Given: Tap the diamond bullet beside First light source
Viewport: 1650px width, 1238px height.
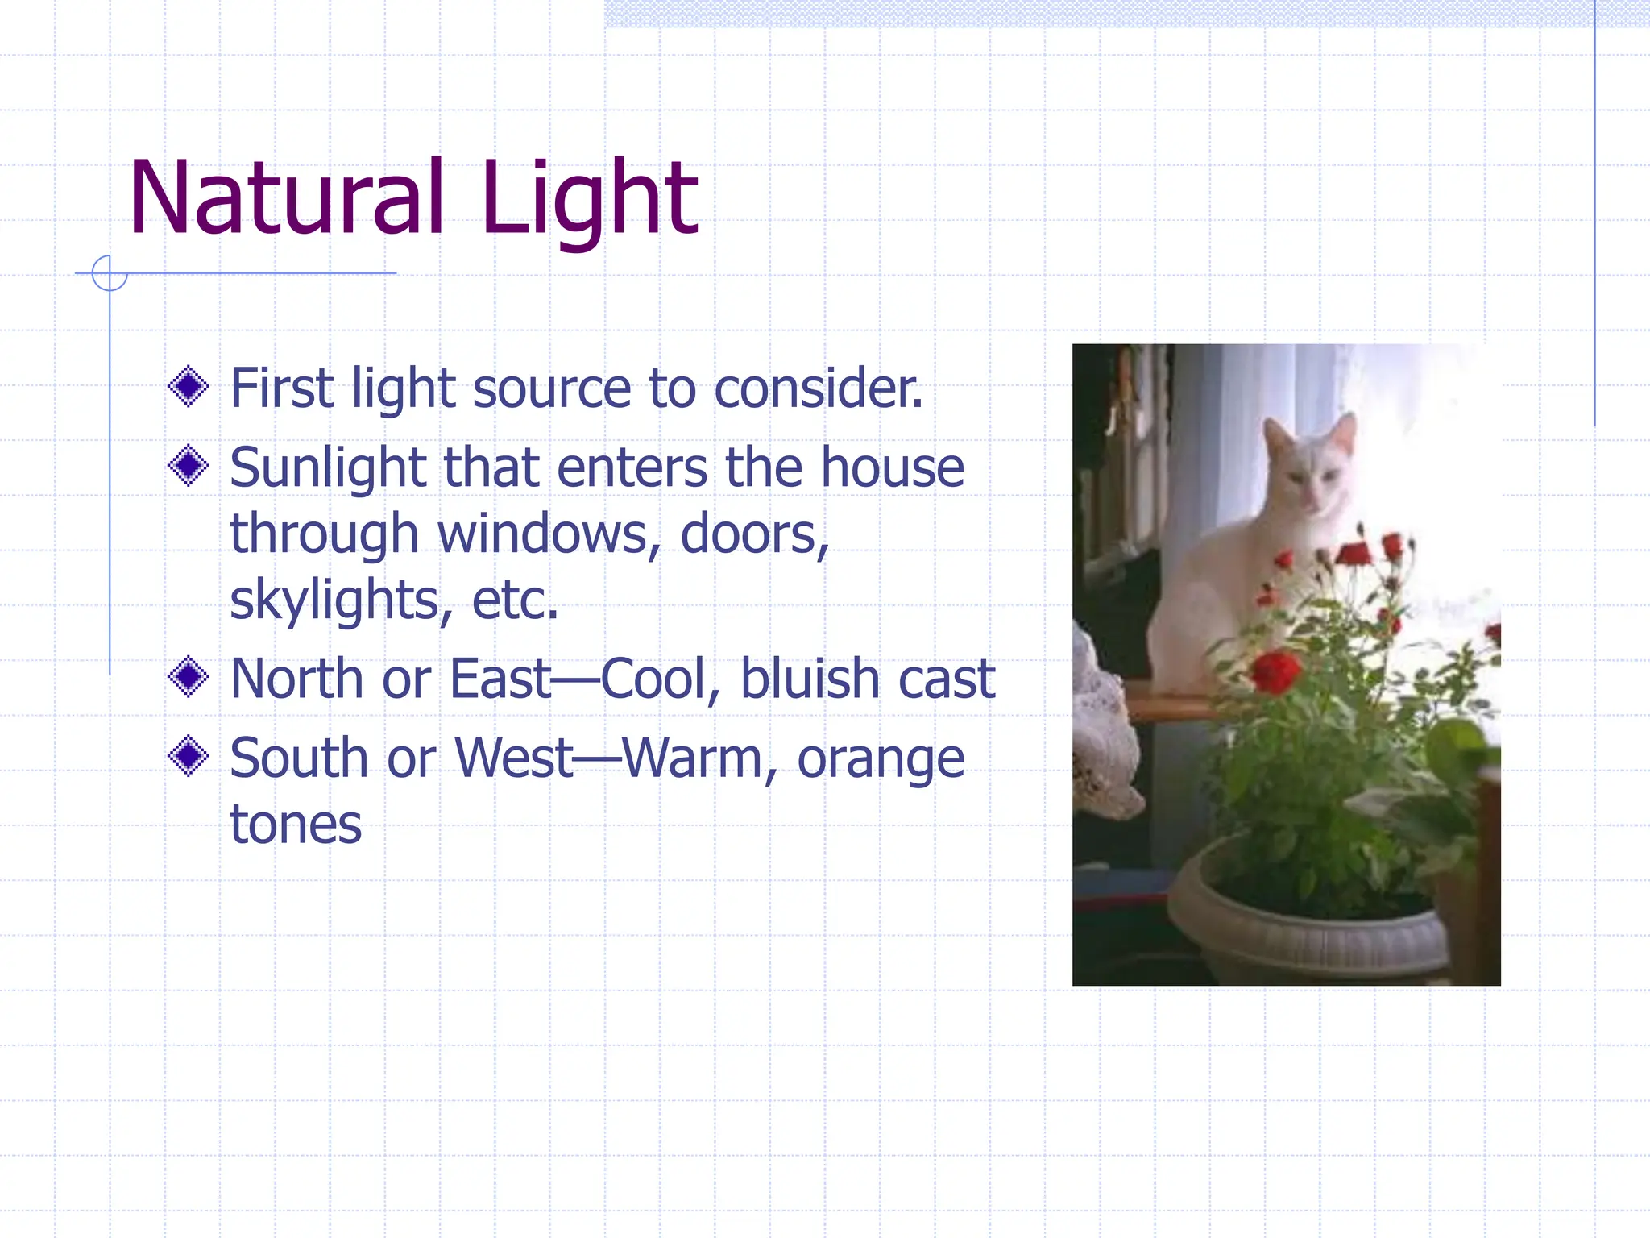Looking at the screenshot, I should tap(189, 387).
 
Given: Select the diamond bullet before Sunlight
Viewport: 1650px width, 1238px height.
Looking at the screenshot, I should tap(189, 466).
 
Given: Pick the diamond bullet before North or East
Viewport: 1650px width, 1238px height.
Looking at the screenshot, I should tap(189, 677).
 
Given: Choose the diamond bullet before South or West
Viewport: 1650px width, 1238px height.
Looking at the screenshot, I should tap(189, 756).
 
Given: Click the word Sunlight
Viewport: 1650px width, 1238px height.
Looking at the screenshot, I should tap(327, 467).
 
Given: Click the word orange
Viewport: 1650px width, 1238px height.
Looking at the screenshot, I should tap(880, 759).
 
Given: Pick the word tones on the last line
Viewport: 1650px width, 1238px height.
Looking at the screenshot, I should tap(296, 825).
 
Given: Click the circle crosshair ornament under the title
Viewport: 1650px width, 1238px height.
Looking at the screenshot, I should tap(110, 273).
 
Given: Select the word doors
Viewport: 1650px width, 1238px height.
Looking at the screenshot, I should tap(753, 534).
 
